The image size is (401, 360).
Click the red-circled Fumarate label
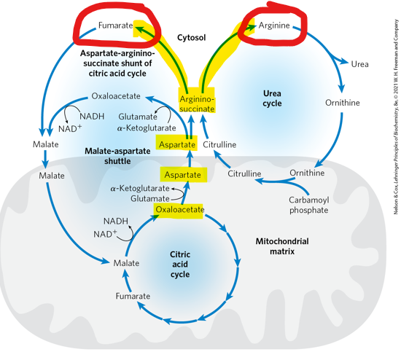(x=115, y=26)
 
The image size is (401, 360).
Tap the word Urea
(x=359, y=64)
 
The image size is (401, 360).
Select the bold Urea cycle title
(x=271, y=98)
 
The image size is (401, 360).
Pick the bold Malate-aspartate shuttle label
(x=117, y=156)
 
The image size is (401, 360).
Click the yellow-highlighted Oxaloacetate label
(x=179, y=210)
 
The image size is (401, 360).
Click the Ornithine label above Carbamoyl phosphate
(x=307, y=173)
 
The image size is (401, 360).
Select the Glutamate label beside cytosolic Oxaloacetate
(x=139, y=117)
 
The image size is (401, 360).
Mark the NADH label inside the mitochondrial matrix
(x=116, y=221)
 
